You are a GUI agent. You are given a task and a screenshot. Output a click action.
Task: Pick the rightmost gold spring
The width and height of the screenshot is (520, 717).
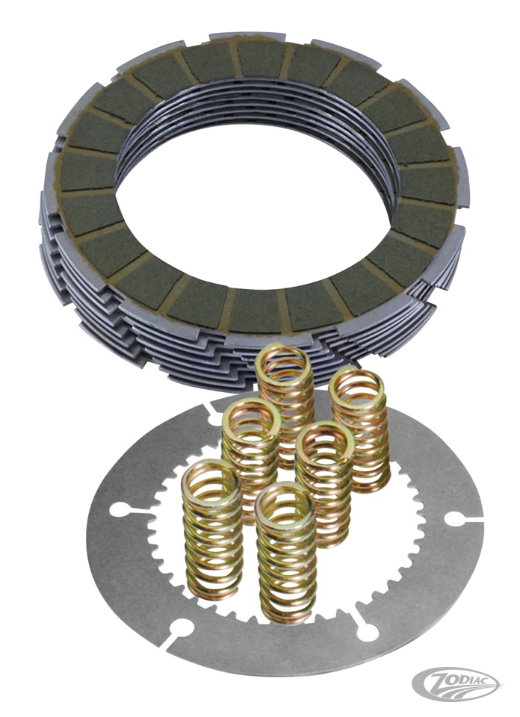(360, 430)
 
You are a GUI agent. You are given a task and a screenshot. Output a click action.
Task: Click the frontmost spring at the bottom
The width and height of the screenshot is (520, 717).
(287, 553)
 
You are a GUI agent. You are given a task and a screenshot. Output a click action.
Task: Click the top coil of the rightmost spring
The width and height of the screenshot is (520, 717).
(357, 386)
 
